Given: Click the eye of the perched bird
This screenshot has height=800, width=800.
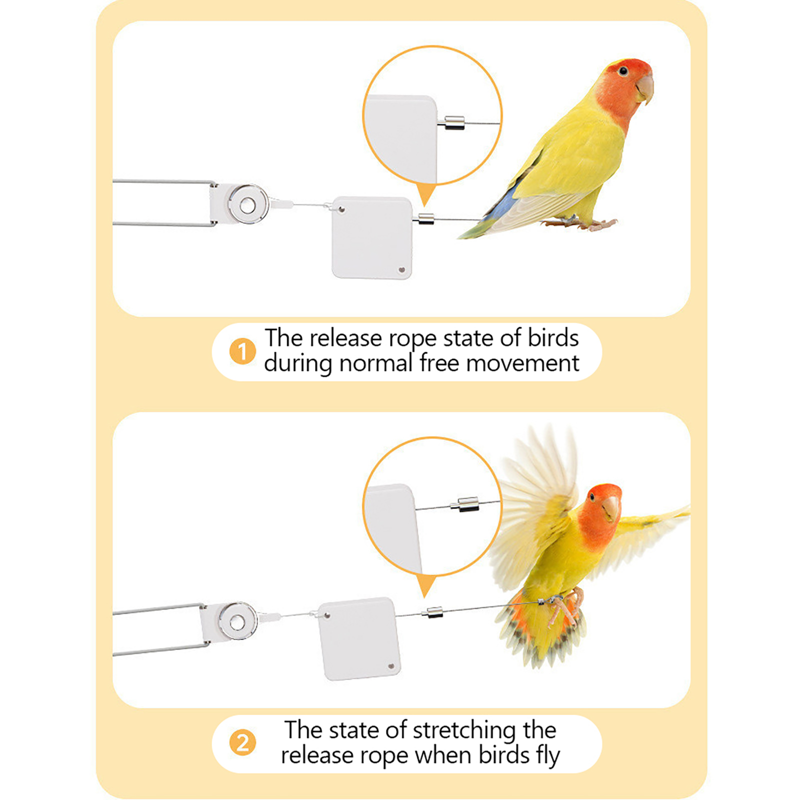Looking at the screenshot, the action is (623, 71).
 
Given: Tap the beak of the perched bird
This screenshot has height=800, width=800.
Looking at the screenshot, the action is (645, 89).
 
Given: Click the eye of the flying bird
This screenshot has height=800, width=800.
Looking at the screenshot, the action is (592, 496).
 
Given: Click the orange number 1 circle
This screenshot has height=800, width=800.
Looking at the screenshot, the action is (242, 351).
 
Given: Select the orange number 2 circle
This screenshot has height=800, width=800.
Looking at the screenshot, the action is (242, 742).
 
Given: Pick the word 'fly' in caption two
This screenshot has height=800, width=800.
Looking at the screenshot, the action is (548, 756).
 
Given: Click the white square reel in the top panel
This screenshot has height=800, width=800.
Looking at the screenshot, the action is (372, 237).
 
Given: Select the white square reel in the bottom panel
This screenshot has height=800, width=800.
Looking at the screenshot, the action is (359, 638).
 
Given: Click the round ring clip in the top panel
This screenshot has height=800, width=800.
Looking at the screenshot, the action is (247, 204).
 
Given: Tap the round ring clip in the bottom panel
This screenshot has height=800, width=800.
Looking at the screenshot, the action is (237, 621).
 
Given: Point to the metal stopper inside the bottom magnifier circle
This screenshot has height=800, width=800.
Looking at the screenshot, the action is (465, 504).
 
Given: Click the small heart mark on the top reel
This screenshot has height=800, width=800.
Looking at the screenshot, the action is (401, 270).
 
